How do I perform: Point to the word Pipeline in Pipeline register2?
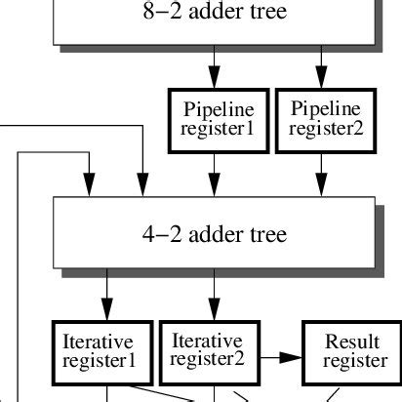(x=325, y=108)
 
